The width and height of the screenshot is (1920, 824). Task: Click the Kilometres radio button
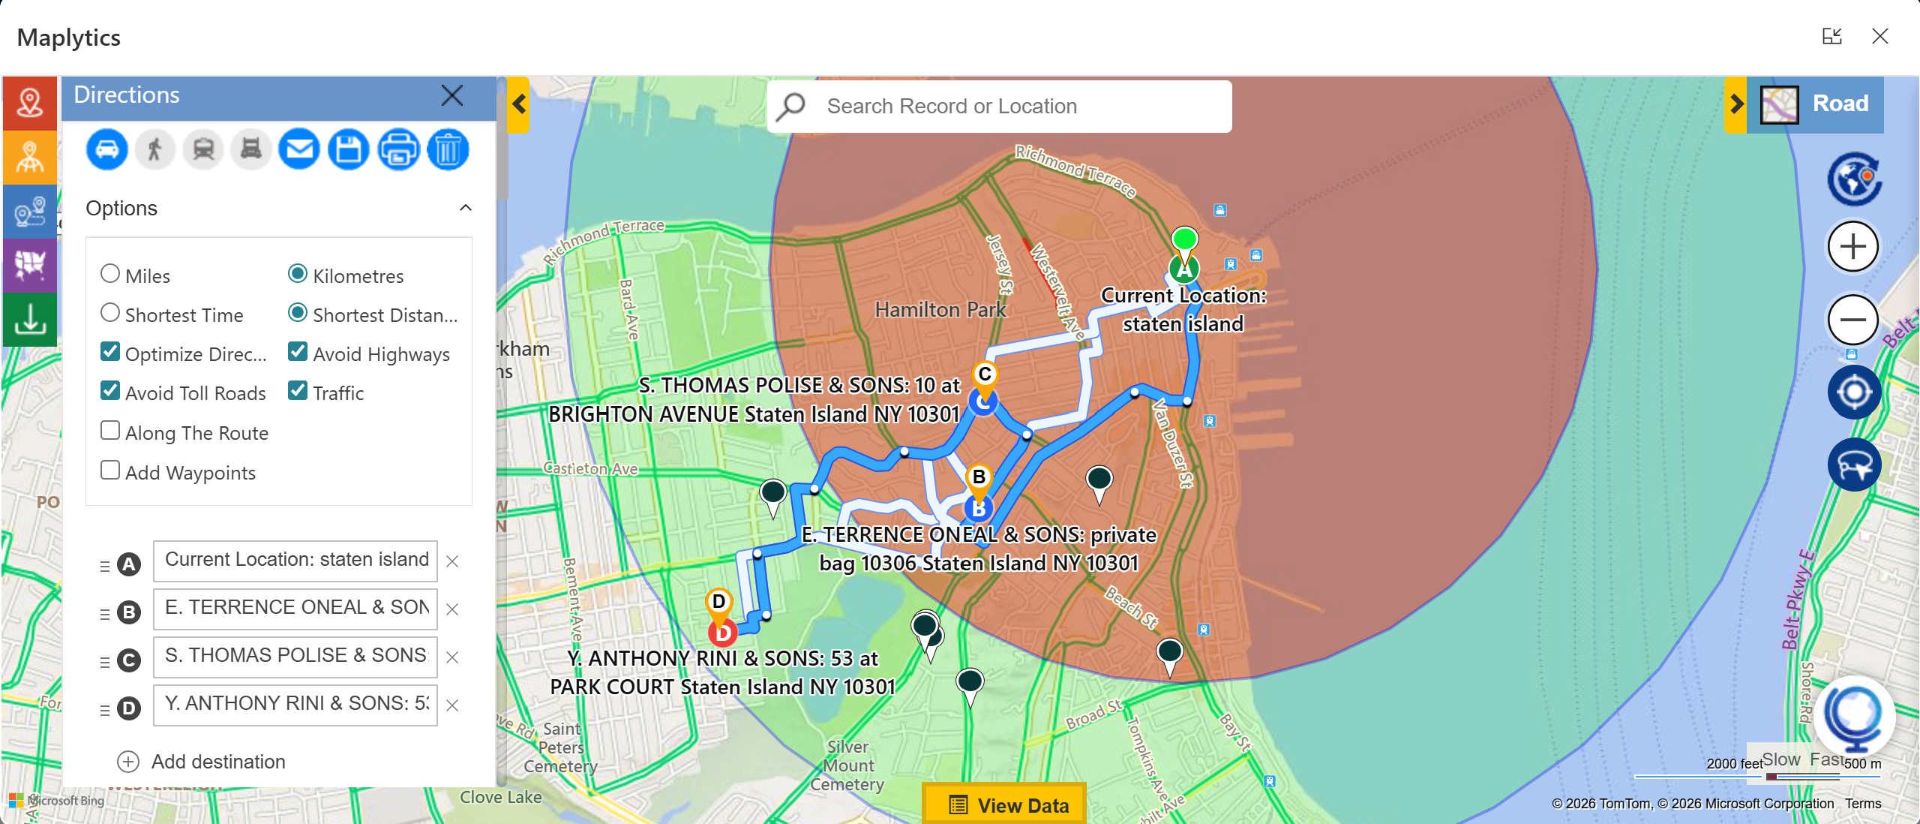(x=298, y=274)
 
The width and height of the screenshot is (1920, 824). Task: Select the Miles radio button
(x=110, y=274)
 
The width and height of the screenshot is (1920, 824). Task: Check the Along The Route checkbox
(x=110, y=431)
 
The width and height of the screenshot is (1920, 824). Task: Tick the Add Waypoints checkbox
(x=110, y=471)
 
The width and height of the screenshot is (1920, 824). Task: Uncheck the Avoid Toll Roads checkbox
(x=110, y=391)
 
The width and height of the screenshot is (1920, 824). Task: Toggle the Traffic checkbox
(x=298, y=391)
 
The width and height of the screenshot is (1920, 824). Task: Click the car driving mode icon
(x=106, y=149)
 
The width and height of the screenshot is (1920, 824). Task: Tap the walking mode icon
(x=155, y=149)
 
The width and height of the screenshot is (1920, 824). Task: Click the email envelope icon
(x=299, y=149)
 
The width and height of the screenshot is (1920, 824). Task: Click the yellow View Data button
(x=1005, y=804)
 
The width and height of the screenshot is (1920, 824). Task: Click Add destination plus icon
(x=128, y=762)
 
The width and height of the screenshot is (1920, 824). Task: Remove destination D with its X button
(x=452, y=705)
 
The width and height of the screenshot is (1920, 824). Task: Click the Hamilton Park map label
(x=940, y=309)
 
